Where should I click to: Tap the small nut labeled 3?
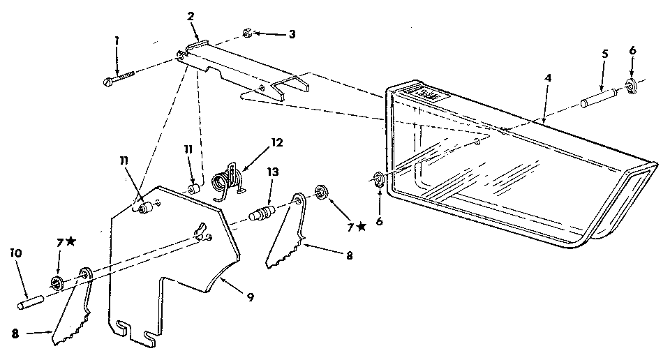click(248, 32)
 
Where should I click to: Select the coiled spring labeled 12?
click(229, 179)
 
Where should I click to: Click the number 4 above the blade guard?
click(548, 79)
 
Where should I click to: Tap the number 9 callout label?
click(249, 297)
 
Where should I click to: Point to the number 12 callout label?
click(276, 142)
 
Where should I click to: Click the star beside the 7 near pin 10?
click(71, 241)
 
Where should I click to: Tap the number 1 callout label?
click(117, 41)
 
